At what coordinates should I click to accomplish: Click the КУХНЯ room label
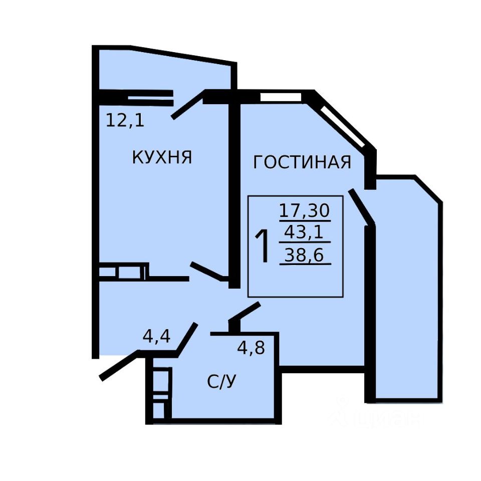[x=162, y=157]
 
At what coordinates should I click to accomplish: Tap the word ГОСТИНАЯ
[x=302, y=162]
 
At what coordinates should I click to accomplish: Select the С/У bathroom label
[x=221, y=382]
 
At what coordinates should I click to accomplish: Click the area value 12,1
[x=125, y=120]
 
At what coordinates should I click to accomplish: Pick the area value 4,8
[x=251, y=347]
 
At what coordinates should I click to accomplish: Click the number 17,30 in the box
[x=304, y=209]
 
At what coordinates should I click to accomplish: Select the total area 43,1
[x=304, y=232]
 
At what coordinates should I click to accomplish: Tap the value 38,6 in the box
[x=304, y=256]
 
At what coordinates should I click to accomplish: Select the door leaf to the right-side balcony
[x=360, y=205]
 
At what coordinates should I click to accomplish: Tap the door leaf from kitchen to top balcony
[x=188, y=104]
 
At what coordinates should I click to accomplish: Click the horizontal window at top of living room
[x=281, y=97]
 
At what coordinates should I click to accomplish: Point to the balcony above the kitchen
[x=165, y=70]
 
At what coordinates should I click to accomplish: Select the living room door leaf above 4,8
[x=244, y=314]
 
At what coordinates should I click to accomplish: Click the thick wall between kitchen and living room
[x=233, y=195]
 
